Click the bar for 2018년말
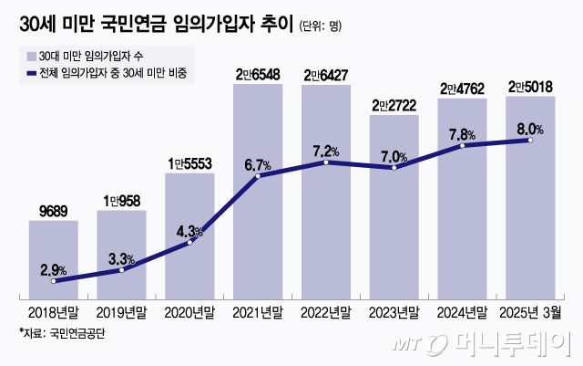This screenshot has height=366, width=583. tap(53, 260)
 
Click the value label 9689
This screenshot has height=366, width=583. tap(53, 211)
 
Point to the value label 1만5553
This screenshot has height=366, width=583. tap(189, 162)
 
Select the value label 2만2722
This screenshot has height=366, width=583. tap(394, 107)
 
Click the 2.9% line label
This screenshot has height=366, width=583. tap(53, 270)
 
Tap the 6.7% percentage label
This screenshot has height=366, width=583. tap(259, 164)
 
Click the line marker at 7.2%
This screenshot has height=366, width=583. tap(326, 162)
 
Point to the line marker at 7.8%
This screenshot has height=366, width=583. tap(462, 146)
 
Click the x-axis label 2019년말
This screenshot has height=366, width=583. tap(121, 312)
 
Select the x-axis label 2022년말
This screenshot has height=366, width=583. tap(326, 312)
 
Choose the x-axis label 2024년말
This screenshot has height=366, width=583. tap(462, 312)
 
